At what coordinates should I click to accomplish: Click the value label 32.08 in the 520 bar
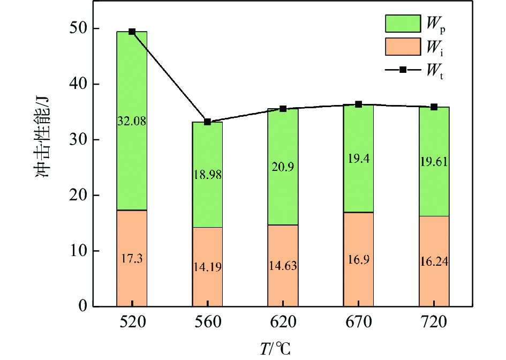coord(132,121)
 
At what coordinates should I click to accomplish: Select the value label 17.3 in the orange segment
coord(132,259)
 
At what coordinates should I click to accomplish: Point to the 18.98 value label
coord(207,175)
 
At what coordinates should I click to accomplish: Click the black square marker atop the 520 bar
coord(132,32)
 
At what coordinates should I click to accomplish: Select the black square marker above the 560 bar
coord(207,122)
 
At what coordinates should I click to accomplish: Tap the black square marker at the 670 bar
coord(358,104)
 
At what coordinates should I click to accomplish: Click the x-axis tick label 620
coord(283,323)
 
